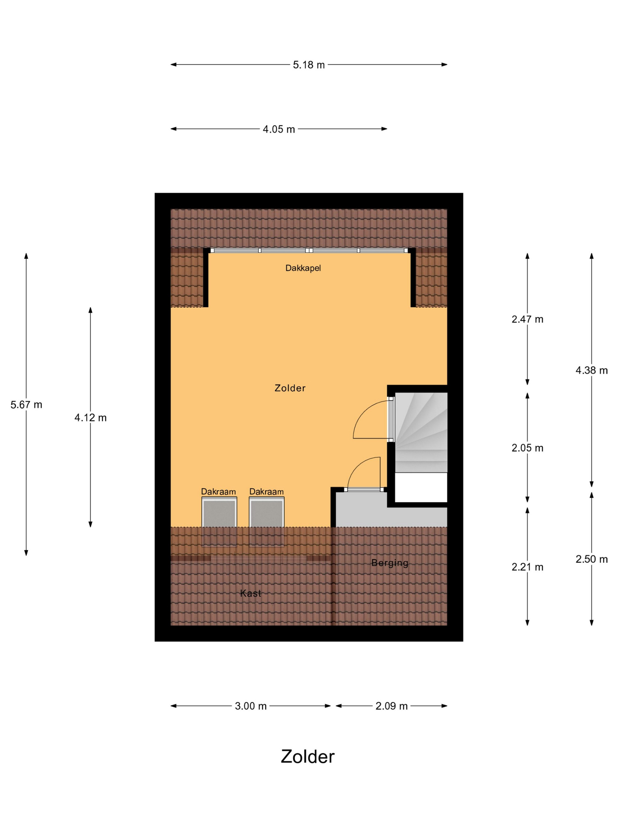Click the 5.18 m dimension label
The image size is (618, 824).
tap(308, 65)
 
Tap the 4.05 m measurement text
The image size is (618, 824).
tap(279, 129)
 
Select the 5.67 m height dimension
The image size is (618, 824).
tap(26, 405)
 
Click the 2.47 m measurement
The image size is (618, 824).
tap(527, 319)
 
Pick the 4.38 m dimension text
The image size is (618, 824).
tap(592, 370)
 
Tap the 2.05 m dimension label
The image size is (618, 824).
tap(527, 448)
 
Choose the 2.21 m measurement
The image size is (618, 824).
tap(527, 567)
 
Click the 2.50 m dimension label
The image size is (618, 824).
tap(592, 559)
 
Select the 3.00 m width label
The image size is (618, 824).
tap(251, 706)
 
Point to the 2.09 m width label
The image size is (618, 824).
tap(391, 706)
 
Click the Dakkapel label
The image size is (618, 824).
tap(303, 268)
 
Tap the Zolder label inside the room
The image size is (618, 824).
tap(290, 388)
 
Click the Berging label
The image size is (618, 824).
tap(390, 563)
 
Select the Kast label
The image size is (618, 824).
tap(250, 593)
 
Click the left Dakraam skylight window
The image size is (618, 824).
tap(219, 521)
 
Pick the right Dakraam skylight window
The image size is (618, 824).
tap(266, 521)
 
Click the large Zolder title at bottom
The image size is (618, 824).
tap(308, 757)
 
